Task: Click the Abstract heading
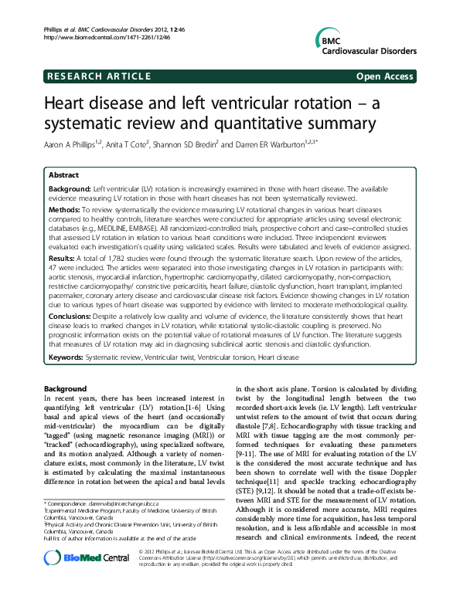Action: (63, 175)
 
